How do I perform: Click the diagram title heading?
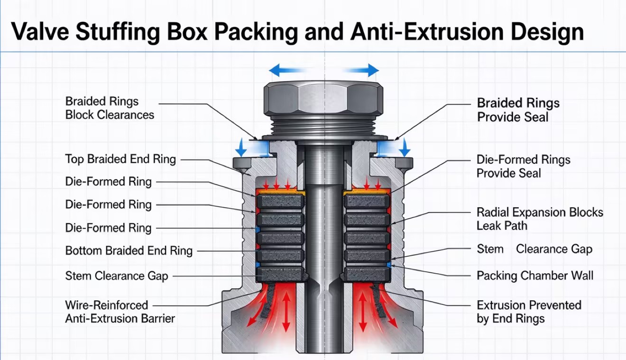point(297,32)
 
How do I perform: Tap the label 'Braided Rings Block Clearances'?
point(110,108)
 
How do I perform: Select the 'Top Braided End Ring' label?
point(120,159)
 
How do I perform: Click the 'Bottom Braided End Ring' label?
point(129,250)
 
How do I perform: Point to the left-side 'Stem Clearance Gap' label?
point(117,276)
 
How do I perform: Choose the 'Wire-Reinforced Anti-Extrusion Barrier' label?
point(120,312)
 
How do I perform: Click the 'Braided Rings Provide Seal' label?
point(518,110)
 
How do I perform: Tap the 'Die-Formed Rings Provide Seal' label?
point(523,166)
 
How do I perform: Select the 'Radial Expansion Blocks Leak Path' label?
point(540,219)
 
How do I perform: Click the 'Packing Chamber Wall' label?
point(535,276)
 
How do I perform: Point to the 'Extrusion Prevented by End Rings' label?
point(529,312)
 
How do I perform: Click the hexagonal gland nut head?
point(323,98)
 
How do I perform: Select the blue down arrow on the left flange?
point(240,148)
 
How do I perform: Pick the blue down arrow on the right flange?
point(405,148)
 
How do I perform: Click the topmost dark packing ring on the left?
point(281,202)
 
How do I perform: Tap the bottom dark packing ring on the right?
point(367,274)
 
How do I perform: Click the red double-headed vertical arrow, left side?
point(286,311)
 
